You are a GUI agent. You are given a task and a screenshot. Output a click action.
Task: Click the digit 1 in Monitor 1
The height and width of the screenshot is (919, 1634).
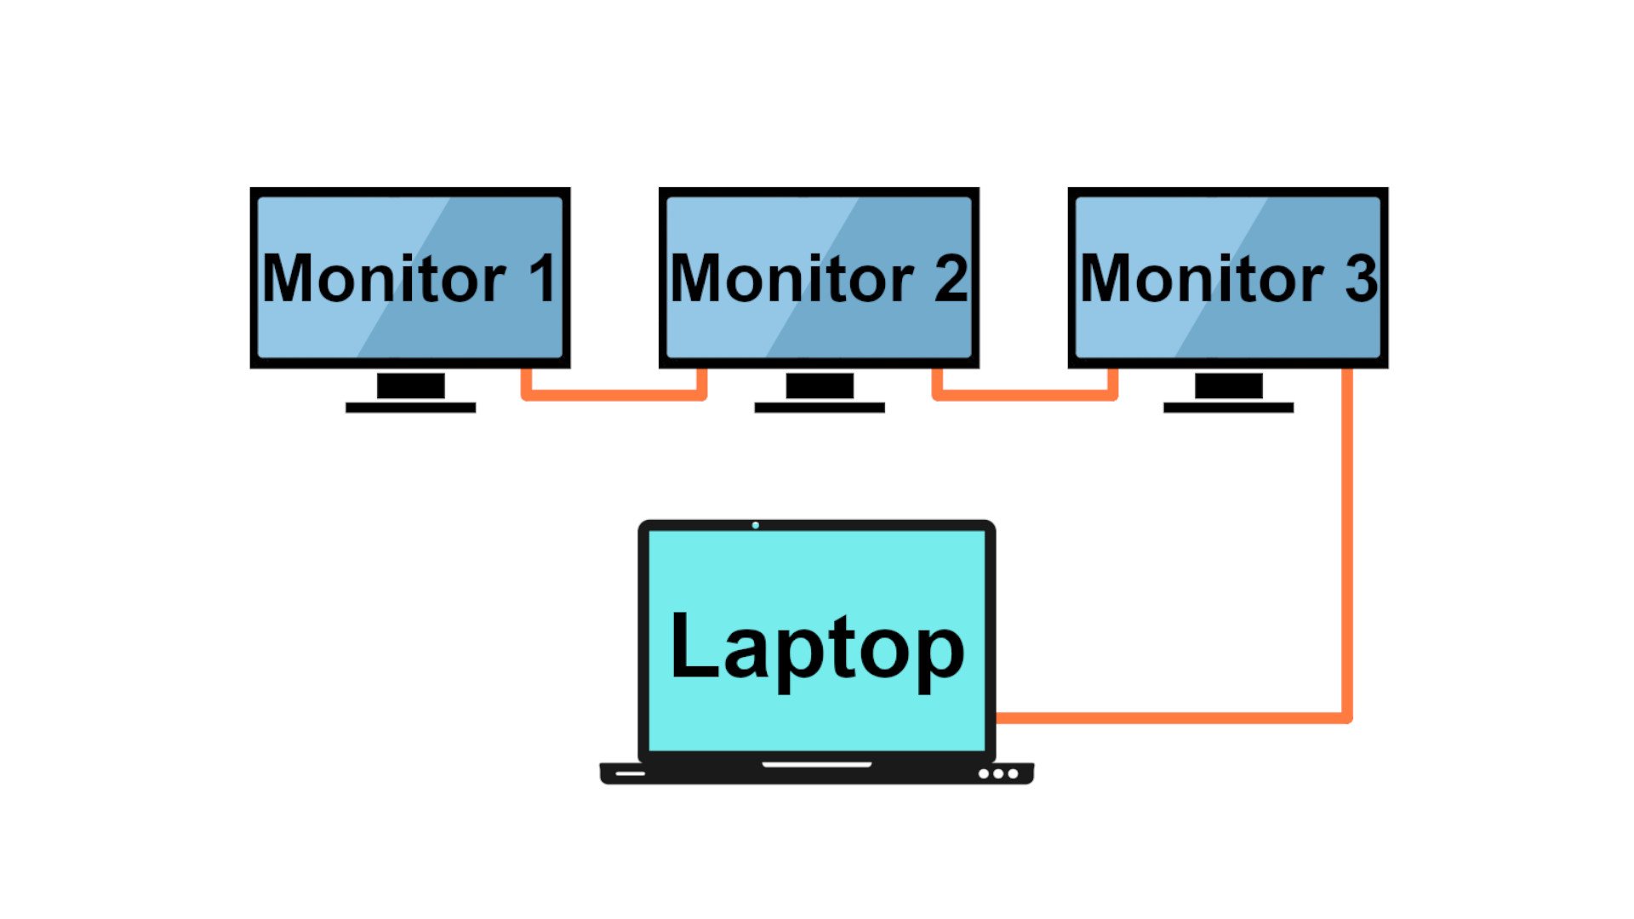(x=543, y=278)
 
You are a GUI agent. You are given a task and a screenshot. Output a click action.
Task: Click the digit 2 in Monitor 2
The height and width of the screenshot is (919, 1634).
(x=951, y=278)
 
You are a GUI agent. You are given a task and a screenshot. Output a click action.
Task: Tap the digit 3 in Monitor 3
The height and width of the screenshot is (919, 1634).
(x=1361, y=278)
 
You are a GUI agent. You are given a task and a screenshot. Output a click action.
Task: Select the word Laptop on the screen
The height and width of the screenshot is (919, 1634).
(x=817, y=648)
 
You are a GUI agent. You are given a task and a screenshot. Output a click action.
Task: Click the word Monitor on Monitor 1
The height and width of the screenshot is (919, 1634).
(x=384, y=278)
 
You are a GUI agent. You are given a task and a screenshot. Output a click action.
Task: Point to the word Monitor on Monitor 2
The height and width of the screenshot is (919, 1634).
(x=791, y=278)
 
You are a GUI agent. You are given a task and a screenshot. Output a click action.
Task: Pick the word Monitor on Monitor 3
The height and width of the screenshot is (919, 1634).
(x=1201, y=278)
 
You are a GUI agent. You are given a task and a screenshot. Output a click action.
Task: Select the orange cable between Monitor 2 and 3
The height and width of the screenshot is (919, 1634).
(x=1025, y=395)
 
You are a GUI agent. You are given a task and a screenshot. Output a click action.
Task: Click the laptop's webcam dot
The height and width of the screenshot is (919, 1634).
(x=756, y=525)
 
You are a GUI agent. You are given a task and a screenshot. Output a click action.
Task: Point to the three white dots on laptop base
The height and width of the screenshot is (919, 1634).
(x=998, y=773)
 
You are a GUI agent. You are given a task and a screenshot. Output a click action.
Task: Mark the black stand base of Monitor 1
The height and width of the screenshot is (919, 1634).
(x=410, y=408)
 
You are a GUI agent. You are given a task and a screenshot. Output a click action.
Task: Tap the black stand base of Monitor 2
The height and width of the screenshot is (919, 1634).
(x=820, y=408)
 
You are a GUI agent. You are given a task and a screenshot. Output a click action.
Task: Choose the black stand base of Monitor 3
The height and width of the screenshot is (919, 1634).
(x=1228, y=408)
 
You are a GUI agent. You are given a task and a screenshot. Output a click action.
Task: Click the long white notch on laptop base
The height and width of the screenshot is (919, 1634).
(x=817, y=764)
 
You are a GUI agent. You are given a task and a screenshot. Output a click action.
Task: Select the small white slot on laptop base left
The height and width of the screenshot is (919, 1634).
(x=630, y=773)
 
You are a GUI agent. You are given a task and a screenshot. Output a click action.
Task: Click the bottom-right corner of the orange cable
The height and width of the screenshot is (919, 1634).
(x=1346, y=717)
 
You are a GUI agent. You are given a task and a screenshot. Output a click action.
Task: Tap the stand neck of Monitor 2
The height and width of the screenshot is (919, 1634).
(x=820, y=385)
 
